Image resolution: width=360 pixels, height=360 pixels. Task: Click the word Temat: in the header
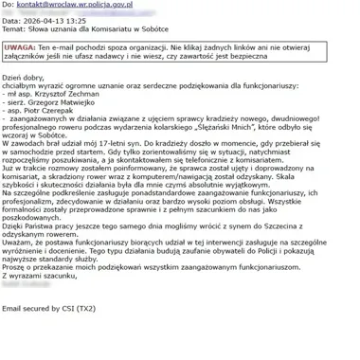[13, 31]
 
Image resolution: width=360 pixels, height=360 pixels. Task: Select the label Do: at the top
[9, 6]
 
